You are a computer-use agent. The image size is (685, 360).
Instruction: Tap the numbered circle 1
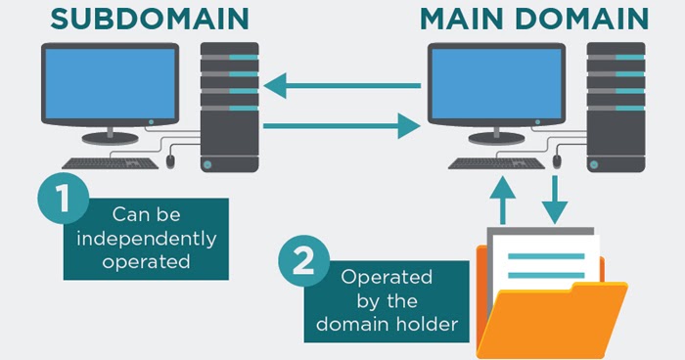coord(62,202)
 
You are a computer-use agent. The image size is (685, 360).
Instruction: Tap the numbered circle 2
coord(304,261)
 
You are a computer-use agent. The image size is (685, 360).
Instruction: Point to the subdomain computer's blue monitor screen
coord(108,88)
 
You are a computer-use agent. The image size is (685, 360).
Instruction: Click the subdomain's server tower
coord(229,108)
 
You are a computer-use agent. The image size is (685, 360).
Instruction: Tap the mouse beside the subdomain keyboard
coord(170,159)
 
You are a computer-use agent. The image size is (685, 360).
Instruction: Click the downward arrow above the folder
coord(556,196)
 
